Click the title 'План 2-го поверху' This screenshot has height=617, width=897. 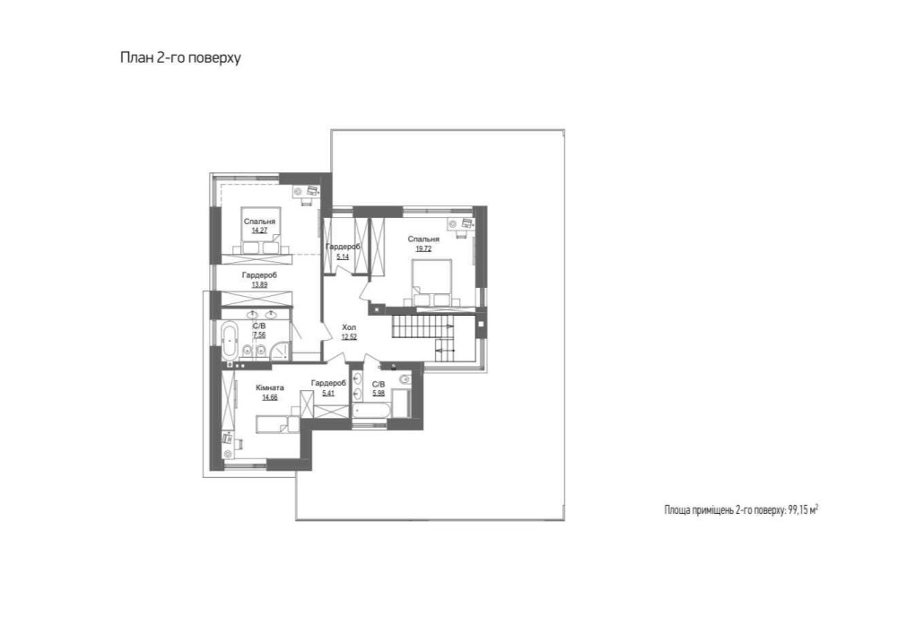180,58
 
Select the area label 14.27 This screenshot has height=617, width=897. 259,230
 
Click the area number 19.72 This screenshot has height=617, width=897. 423,248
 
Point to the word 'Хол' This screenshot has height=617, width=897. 348,327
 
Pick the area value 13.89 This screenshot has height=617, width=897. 259,284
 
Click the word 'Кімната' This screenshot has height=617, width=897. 269,387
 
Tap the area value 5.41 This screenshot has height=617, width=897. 328,393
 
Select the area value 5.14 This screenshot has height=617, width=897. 343,256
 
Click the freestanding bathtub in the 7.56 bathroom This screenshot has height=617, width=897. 230,340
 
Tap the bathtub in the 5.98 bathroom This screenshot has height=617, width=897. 372,411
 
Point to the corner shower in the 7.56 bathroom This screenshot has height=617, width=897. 280,351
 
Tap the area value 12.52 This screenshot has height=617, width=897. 349,337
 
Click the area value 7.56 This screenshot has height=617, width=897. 259,335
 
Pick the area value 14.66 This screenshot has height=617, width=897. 269,397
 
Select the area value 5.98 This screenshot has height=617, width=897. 379,393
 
